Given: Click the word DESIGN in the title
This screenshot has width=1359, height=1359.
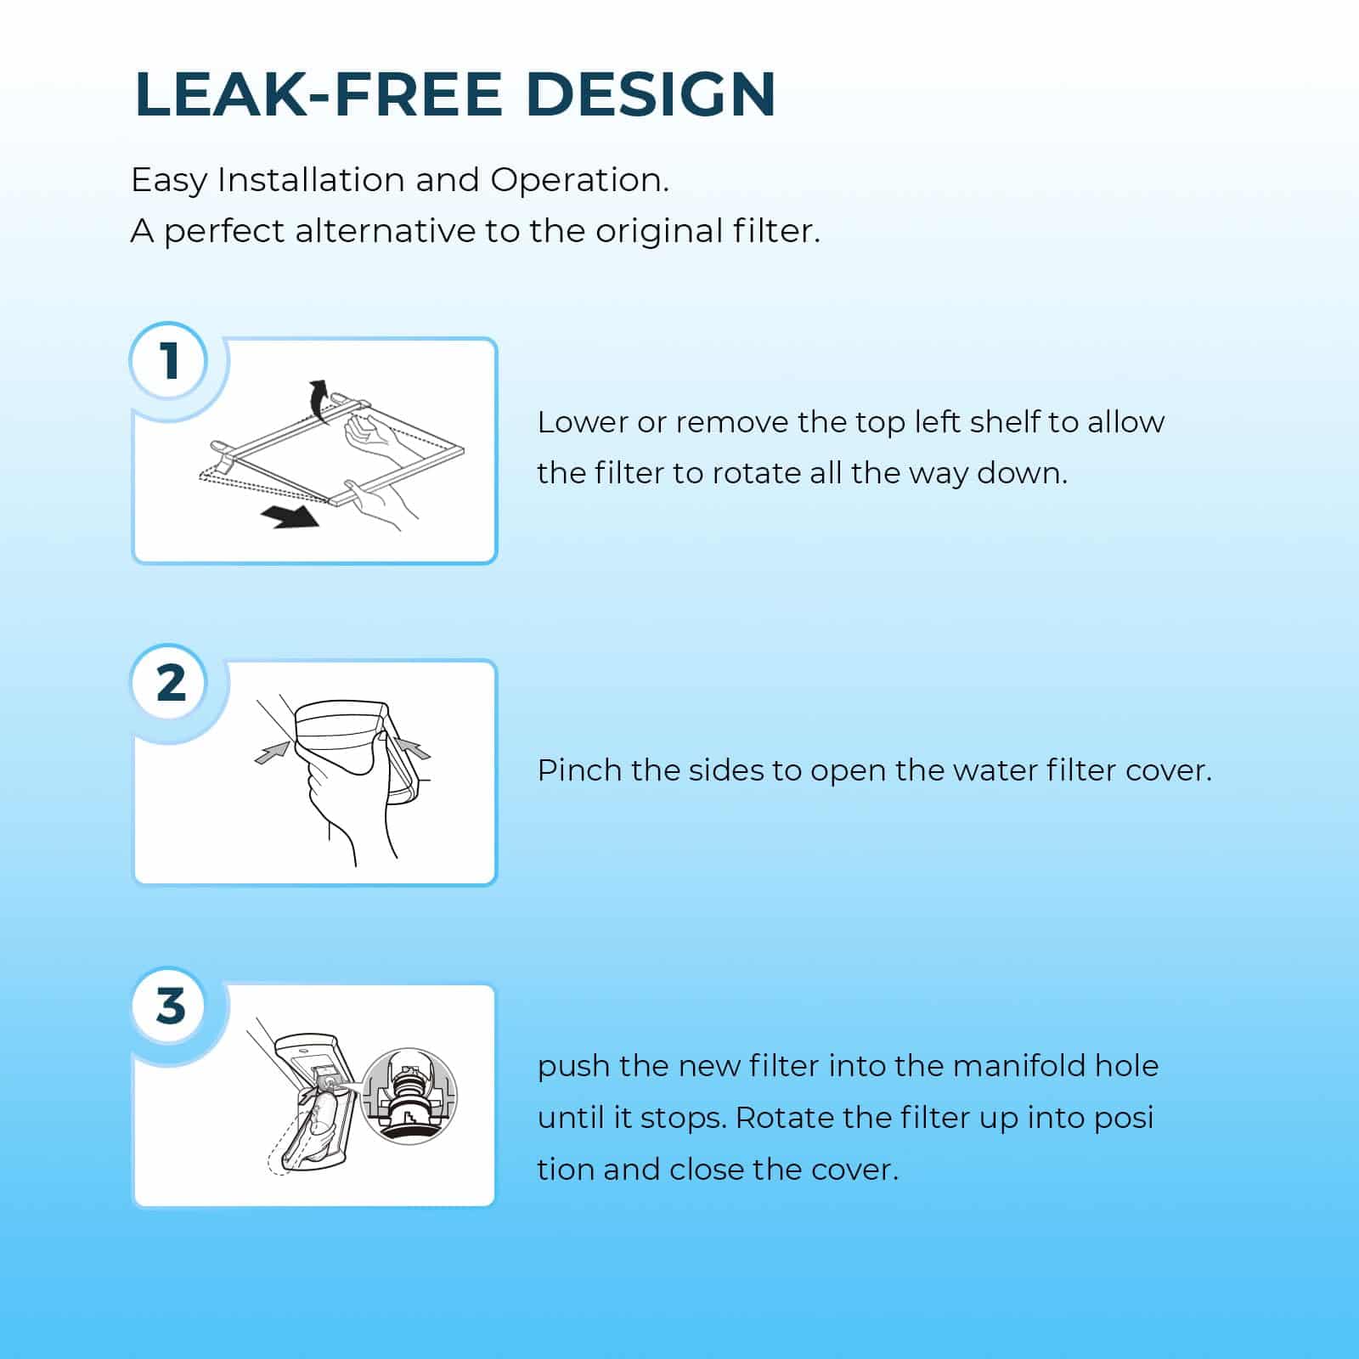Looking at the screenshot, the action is coord(651,93).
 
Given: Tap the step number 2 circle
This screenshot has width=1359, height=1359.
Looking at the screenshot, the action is coord(171,683).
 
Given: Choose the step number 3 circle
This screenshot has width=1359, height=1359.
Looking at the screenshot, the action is coord(171,1006).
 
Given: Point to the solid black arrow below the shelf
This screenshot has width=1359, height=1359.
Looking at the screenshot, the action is coord(290,515).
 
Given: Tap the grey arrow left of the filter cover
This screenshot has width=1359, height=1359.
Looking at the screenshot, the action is coord(273,752).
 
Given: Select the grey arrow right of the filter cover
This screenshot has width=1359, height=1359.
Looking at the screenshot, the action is coord(413,748).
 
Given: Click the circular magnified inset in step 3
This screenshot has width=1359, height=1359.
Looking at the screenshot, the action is coord(409,1095).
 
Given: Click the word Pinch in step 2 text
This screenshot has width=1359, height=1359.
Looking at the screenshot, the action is coord(581,770).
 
